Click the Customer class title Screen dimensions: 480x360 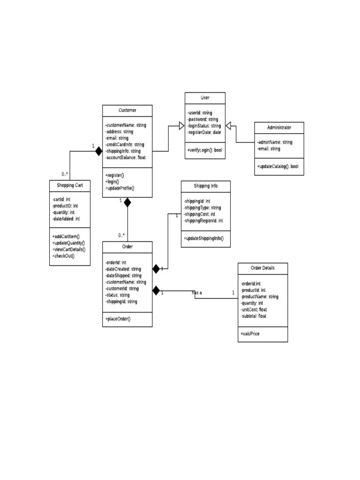(127, 111)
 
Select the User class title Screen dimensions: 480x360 (205, 97)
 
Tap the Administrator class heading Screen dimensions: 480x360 (279, 127)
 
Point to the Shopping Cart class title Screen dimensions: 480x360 (70, 186)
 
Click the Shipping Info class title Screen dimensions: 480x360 (205, 186)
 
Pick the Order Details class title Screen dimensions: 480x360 (262, 268)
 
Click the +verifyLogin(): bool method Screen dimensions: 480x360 (204, 150)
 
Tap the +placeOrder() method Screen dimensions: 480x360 (118, 319)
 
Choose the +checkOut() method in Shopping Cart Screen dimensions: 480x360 (64, 255)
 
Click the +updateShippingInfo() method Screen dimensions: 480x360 (204, 239)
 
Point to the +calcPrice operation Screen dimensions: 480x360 (250, 334)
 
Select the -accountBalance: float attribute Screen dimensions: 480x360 (126, 157)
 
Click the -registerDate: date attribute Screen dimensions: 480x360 (204, 132)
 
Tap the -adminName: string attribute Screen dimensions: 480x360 (275, 142)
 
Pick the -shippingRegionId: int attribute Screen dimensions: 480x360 (203, 220)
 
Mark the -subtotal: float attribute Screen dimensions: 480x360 (254, 316)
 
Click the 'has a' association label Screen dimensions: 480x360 (197, 293)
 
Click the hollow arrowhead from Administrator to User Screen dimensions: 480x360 (229, 126)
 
